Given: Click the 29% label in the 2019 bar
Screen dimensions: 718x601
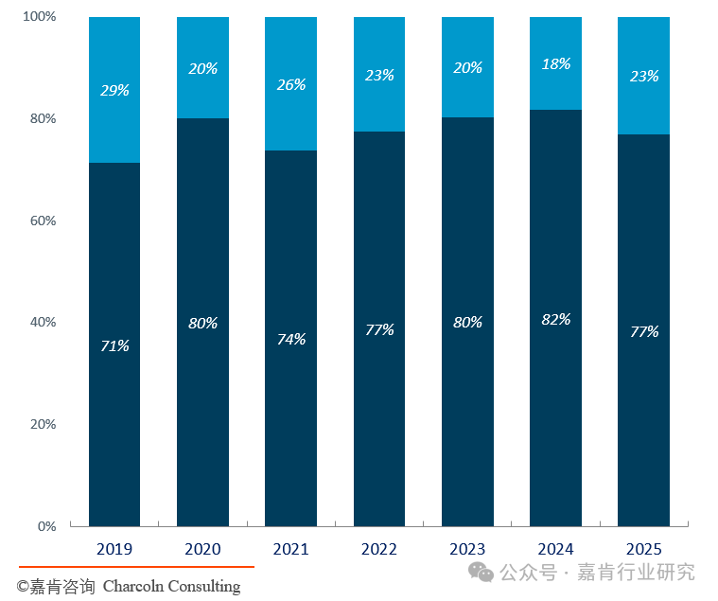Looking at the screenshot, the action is click(114, 90).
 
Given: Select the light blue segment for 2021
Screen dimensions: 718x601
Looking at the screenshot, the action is click(290, 84).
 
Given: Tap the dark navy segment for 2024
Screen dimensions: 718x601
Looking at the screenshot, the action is click(555, 318).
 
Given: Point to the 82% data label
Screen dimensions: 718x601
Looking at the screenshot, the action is click(556, 319).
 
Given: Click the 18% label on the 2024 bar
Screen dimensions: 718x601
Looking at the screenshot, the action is click(556, 63).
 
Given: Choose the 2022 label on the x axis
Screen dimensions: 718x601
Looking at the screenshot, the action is click(379, 549).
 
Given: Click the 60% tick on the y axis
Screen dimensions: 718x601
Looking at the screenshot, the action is click(44, 221).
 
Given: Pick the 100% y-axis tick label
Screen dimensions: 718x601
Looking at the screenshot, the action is click(40, 16).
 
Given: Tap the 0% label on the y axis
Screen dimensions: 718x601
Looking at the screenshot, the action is click(46, 526).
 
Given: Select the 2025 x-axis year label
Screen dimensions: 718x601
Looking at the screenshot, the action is click(644, 549).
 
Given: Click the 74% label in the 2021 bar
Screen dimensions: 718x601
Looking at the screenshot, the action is click(291, 339).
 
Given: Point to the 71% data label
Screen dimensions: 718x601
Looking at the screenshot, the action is click(114, 345).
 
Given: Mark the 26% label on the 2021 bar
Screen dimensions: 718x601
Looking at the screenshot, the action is click(291, 84).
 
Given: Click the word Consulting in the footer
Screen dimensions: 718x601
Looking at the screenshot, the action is click(203, 587).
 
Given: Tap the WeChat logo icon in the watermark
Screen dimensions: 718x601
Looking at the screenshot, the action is click(481, 573).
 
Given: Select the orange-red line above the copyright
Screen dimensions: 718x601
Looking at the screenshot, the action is click(136, 567).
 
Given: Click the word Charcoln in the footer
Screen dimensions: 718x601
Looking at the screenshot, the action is click(132, 586).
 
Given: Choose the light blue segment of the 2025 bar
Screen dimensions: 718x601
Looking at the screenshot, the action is click(643, 76).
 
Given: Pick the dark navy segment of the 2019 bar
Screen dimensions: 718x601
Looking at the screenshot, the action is click(114, 345).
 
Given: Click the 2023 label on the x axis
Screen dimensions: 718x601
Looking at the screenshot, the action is click(467, 549).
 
